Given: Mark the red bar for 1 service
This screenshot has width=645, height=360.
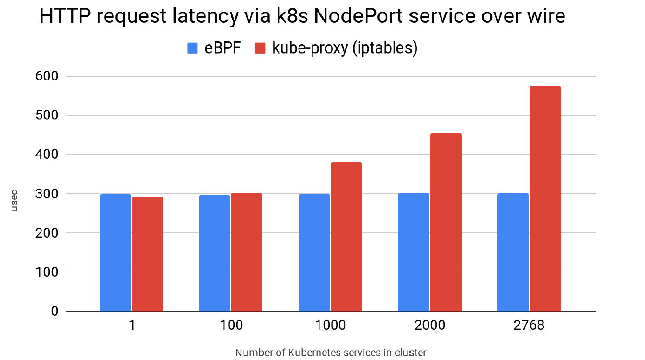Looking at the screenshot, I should tap(148, 254).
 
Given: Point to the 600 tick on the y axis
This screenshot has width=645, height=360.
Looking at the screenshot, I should tap(46, 76).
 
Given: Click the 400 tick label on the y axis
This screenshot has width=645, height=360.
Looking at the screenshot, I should tap(46, 155).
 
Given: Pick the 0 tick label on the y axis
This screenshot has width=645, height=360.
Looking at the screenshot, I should tap(54, 312).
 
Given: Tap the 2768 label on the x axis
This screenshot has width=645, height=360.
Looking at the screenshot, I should tap(529, 325).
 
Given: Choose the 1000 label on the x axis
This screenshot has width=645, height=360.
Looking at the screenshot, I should tap(330, 325).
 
